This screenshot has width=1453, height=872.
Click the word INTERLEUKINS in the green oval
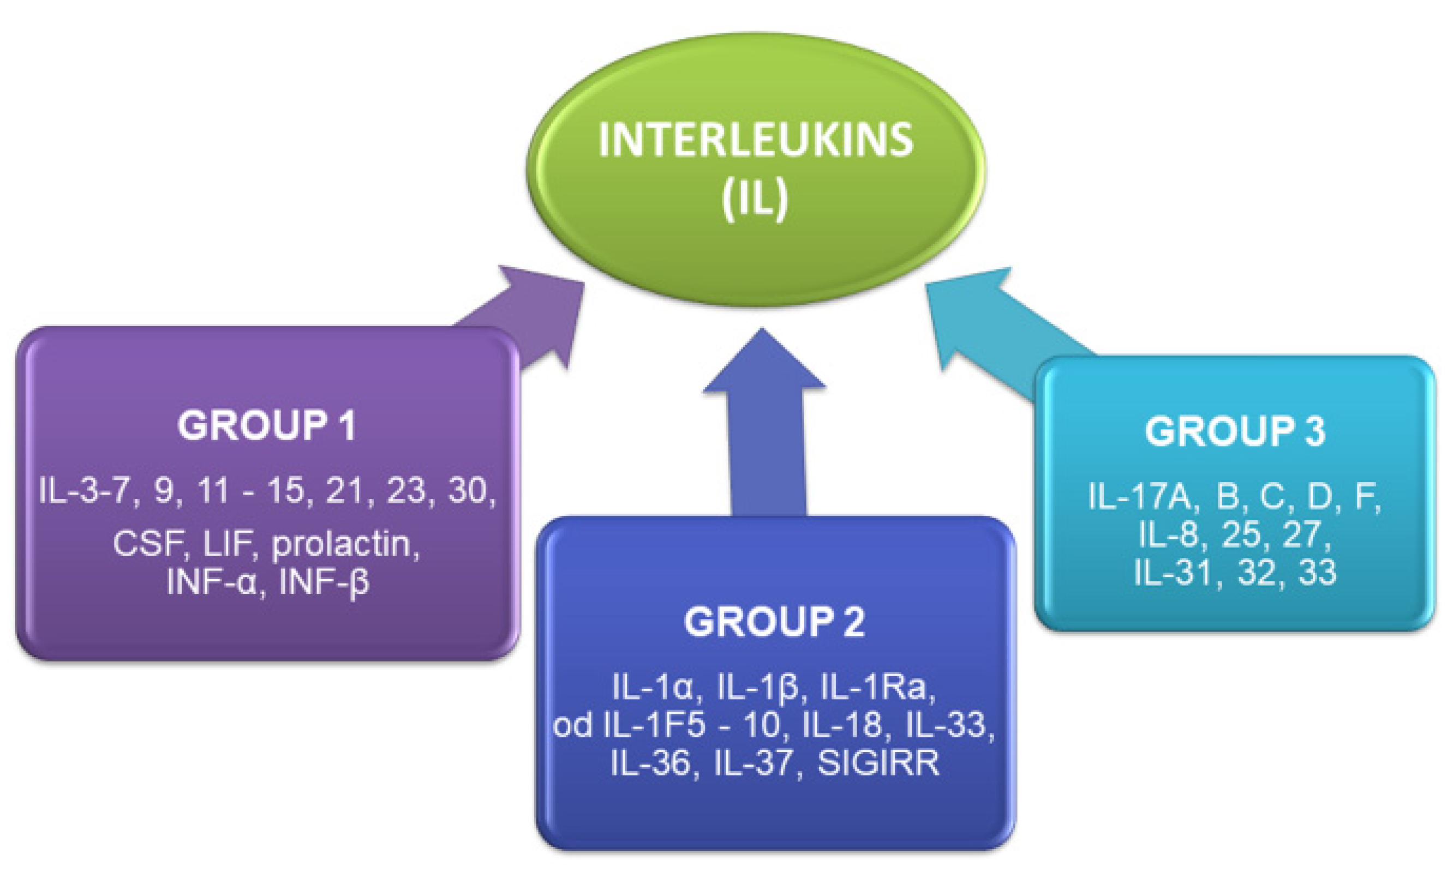[x=755, y=141]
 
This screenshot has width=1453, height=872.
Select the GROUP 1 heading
[x=266, y=426]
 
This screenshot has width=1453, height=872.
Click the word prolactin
[x=345, y=544]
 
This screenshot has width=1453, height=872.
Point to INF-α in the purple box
[x=212, y=581]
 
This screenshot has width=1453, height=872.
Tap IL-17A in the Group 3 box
[x=1140, y=496]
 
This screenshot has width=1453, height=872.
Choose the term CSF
[x=147, y=544]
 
